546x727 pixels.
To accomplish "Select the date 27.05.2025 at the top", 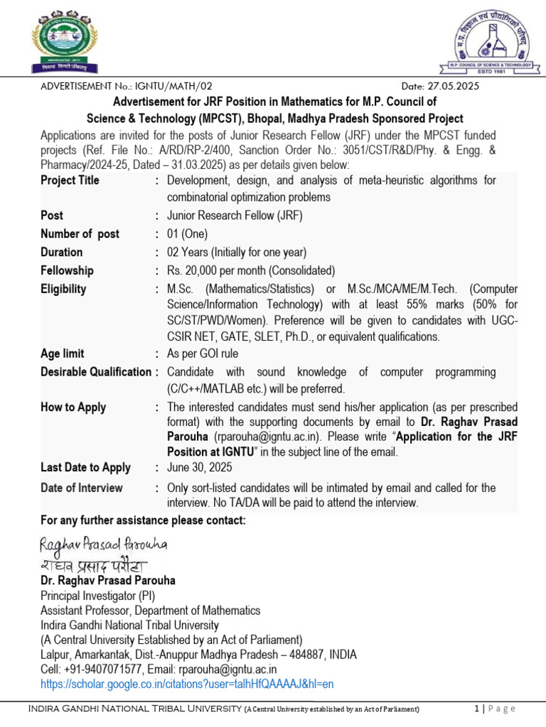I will (452, 86).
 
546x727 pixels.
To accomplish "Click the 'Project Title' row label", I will (70, 180).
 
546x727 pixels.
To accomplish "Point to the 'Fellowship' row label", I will (67, 270).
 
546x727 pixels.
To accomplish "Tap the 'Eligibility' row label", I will (63, 289).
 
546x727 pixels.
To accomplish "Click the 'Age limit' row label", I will (62, 354).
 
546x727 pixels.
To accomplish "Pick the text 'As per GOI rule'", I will (203, 354).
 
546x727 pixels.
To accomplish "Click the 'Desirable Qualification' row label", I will (95, 372).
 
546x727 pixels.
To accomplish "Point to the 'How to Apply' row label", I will (73, 408).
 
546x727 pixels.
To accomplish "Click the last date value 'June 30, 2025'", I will (199, 468).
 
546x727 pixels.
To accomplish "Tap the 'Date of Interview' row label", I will (81, 488).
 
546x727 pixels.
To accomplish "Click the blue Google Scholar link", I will (187, 684).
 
